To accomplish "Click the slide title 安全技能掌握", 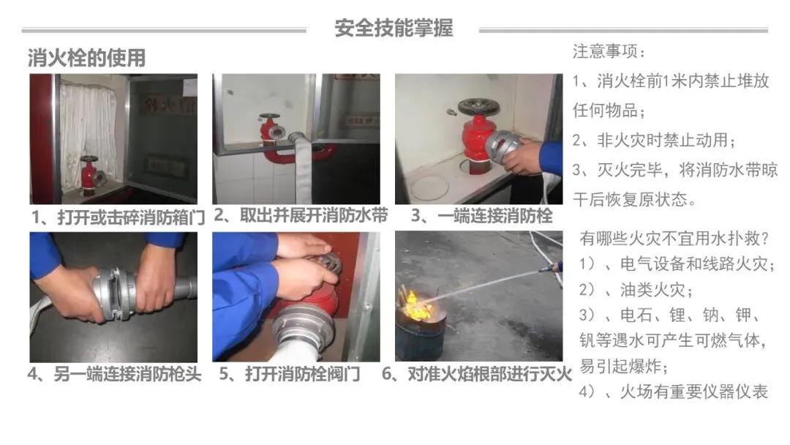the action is [394, 28].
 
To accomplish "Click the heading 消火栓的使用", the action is [86, 58].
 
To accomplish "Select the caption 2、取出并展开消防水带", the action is [301, 215].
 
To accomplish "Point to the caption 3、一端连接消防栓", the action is [481, 216].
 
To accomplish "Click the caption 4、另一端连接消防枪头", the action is [115, 375].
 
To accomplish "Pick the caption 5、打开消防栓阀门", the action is [290, 374].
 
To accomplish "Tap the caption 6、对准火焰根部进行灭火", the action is [477, 374].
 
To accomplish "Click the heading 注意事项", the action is [609, 51].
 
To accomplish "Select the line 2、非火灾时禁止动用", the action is [654, 140].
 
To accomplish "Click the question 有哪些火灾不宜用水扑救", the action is [674, 238].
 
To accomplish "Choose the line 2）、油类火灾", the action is [636, 289].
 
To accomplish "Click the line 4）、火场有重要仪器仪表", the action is [674, 392].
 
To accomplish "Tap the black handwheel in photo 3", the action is [478, 106].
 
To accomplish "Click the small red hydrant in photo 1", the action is [90, 174].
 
